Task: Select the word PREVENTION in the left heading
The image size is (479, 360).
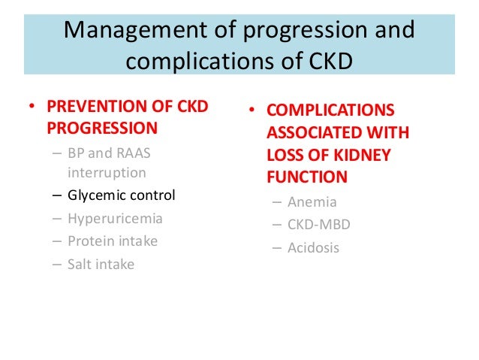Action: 98,107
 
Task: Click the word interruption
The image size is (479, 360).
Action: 107,172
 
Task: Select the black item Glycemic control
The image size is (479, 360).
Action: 121,195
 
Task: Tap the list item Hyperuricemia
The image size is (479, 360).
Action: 114,219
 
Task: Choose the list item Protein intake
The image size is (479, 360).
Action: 113,241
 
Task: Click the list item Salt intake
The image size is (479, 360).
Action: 101,264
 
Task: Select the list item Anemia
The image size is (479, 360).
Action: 312,202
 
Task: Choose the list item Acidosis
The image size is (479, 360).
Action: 313,247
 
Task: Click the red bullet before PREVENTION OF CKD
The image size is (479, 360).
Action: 32,107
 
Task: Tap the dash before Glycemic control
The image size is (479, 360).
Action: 57,195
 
